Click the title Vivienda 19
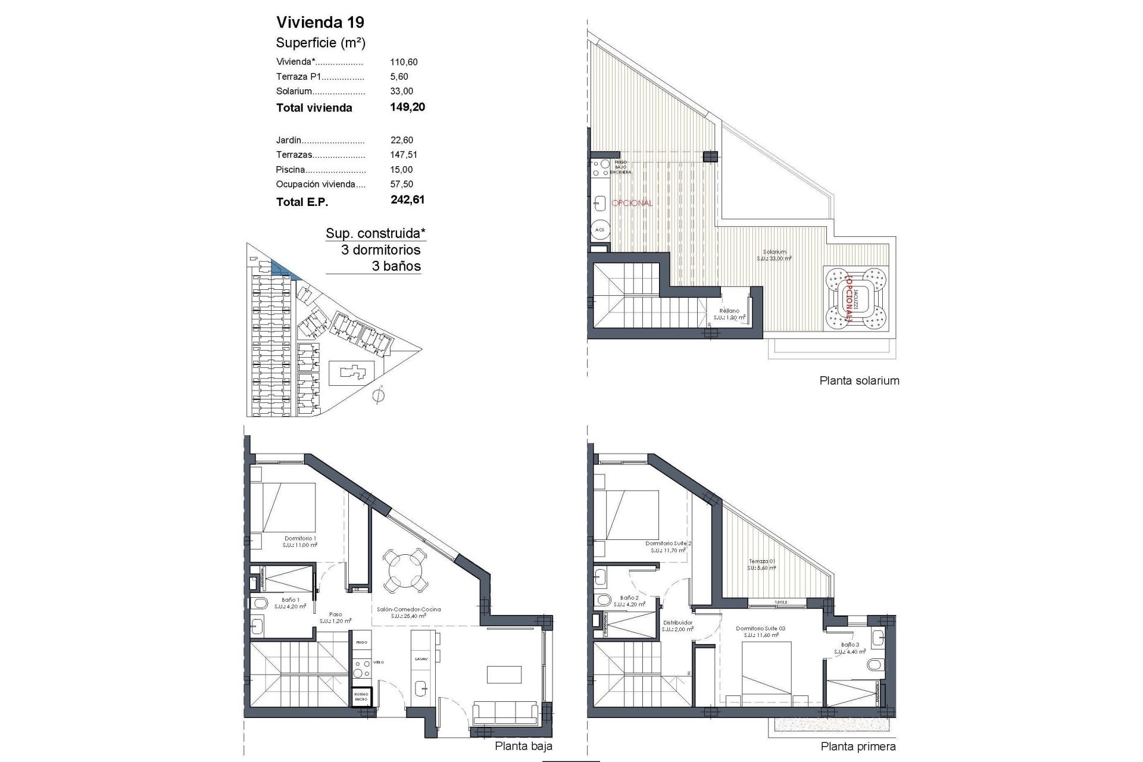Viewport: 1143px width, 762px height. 320,23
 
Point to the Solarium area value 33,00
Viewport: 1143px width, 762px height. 402,91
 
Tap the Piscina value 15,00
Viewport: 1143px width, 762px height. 402,170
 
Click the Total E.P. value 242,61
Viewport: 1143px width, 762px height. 407,200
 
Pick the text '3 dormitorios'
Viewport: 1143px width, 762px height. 380,250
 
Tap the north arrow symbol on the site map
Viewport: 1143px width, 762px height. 379,395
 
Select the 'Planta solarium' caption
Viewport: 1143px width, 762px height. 859,381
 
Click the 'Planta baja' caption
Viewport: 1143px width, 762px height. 523,746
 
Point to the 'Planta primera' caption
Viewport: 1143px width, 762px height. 858,747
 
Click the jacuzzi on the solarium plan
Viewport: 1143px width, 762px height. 855,298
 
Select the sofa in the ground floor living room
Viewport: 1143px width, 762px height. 504,713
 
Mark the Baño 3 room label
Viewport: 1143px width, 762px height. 850,645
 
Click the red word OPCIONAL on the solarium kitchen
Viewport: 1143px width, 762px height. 632,203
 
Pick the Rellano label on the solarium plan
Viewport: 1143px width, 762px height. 729,311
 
